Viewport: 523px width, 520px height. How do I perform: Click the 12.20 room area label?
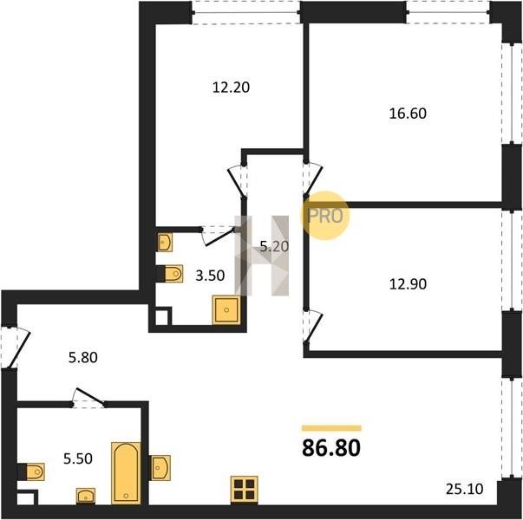[x=231, y=88]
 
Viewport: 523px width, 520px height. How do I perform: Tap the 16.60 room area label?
[x=408, y=114]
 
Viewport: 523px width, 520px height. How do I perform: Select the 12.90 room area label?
[x=408, y=284]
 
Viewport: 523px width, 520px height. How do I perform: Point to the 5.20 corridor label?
[x=274, y=247]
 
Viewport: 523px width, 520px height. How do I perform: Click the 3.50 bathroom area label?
[x=210, y=276]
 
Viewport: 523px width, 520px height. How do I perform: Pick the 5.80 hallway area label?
[x=83, y=358]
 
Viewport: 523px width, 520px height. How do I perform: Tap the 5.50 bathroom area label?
[x=78, y=459]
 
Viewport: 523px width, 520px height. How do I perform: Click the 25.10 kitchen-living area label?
[x=465, y=490]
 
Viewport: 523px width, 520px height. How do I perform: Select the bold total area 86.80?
[x=331, y=448]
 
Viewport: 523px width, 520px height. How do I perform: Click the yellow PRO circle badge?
[x=325, y=216]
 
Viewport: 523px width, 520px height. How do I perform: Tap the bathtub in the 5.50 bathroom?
[x=126, y=473]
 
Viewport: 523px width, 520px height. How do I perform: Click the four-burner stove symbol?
[x=245, y=490]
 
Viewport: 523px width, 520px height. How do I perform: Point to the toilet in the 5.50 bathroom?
[x=32, y=471]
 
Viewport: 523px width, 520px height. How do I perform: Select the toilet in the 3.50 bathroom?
[x=170, y=274]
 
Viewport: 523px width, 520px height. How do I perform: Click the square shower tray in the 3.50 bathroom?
[x=226, y=310]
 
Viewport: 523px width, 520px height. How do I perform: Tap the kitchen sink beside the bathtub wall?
[x=160, y=468]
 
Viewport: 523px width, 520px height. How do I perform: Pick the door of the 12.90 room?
[x=313, y=327]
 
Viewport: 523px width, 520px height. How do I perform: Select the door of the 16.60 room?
[x=313, y=179]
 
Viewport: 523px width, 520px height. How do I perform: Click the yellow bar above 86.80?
[x=331, y=428]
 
